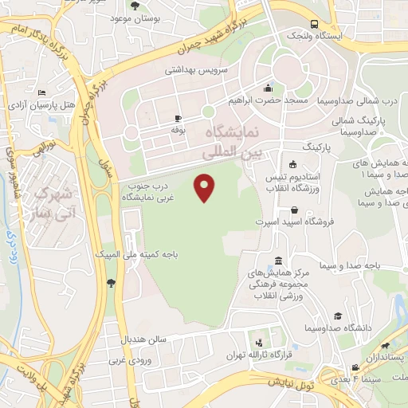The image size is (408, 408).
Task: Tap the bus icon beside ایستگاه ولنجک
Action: [x=315, y=25]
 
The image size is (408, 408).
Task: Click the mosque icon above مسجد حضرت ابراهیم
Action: [x=269, y=88]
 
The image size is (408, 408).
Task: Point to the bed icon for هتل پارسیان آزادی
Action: [x=41, y=93]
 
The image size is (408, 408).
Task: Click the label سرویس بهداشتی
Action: [x=196, y=69]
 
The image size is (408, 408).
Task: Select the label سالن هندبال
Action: [x=143, y=339]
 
